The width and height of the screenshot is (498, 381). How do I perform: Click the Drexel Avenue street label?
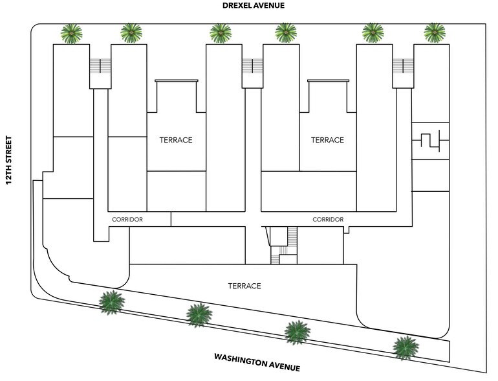click(252, 5)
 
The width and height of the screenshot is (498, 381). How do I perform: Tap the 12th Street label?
click(9, 160)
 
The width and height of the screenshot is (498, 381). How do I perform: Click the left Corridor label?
click(127, 220)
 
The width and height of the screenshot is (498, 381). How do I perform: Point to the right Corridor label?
click(327, 220)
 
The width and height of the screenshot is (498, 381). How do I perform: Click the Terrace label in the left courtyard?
click(176, 140)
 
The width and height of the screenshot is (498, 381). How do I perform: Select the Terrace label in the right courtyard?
click(327, 140)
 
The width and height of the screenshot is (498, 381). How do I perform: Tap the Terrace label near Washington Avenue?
click(244, 286)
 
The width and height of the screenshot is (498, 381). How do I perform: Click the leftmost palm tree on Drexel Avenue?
click(71, 33)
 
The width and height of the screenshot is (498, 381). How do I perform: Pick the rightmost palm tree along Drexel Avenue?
click(435, 33)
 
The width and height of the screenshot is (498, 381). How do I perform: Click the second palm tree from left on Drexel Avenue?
click(131, 33)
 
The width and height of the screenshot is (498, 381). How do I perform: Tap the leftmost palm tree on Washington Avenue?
click(112, 301)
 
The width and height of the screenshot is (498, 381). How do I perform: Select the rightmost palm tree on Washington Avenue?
click(405, 347)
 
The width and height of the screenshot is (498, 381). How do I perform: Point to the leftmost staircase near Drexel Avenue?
click(97, 66)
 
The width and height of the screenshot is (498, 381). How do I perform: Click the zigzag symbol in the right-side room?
click(429, 142)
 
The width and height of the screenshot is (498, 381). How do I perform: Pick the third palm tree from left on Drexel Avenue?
click(221, 33)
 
